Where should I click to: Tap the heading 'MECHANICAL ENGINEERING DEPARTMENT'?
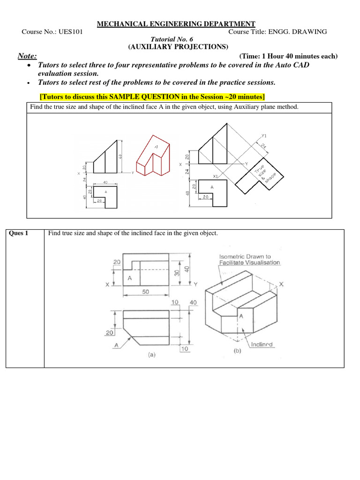pos(176,24)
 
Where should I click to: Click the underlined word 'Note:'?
pos(27,56)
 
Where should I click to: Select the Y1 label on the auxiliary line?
pos(264,136)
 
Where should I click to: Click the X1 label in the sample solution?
pos(216,176)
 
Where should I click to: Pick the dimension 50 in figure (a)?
pos(146,292)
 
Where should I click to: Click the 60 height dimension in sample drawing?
pos(120,156)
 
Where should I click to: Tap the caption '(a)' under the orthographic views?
pos(151,355)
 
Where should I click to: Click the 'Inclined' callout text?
pos(262,345)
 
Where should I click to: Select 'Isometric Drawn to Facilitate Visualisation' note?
pos(249,260)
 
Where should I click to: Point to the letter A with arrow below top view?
pos(116,345)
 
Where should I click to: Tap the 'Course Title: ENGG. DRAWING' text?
pos(277,32)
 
